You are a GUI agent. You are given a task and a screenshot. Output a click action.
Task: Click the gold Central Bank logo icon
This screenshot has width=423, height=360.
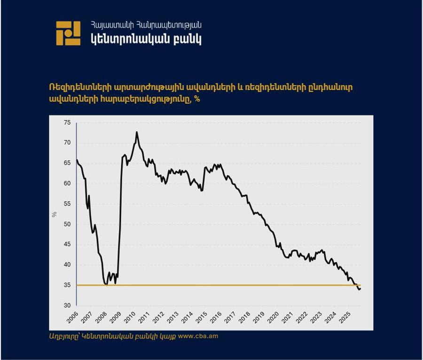point(68,33)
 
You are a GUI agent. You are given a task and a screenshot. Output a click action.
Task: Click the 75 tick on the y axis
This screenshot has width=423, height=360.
point(67,123)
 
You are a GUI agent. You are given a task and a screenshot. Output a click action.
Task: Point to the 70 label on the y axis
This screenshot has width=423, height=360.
point(67,143)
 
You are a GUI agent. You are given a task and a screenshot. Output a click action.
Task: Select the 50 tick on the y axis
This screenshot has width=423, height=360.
point(67,224)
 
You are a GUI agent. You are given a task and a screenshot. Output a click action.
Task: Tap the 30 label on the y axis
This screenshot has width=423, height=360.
point(67,305)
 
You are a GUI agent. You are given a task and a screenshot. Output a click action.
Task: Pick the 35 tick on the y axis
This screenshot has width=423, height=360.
point(67,285)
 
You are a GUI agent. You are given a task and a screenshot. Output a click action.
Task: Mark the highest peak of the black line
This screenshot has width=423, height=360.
point(137,132)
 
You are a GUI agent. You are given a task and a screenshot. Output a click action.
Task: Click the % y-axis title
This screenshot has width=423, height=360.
point(55,214)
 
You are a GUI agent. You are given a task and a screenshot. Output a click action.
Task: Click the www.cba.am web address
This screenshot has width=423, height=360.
point(198,337)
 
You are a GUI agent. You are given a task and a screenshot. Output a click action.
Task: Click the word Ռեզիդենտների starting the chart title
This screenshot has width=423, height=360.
point(76,89)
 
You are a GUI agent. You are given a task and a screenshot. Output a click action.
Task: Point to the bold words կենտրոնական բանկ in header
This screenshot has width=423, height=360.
point(146,39)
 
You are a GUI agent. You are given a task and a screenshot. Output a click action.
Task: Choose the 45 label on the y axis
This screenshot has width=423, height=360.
point(67,244)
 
